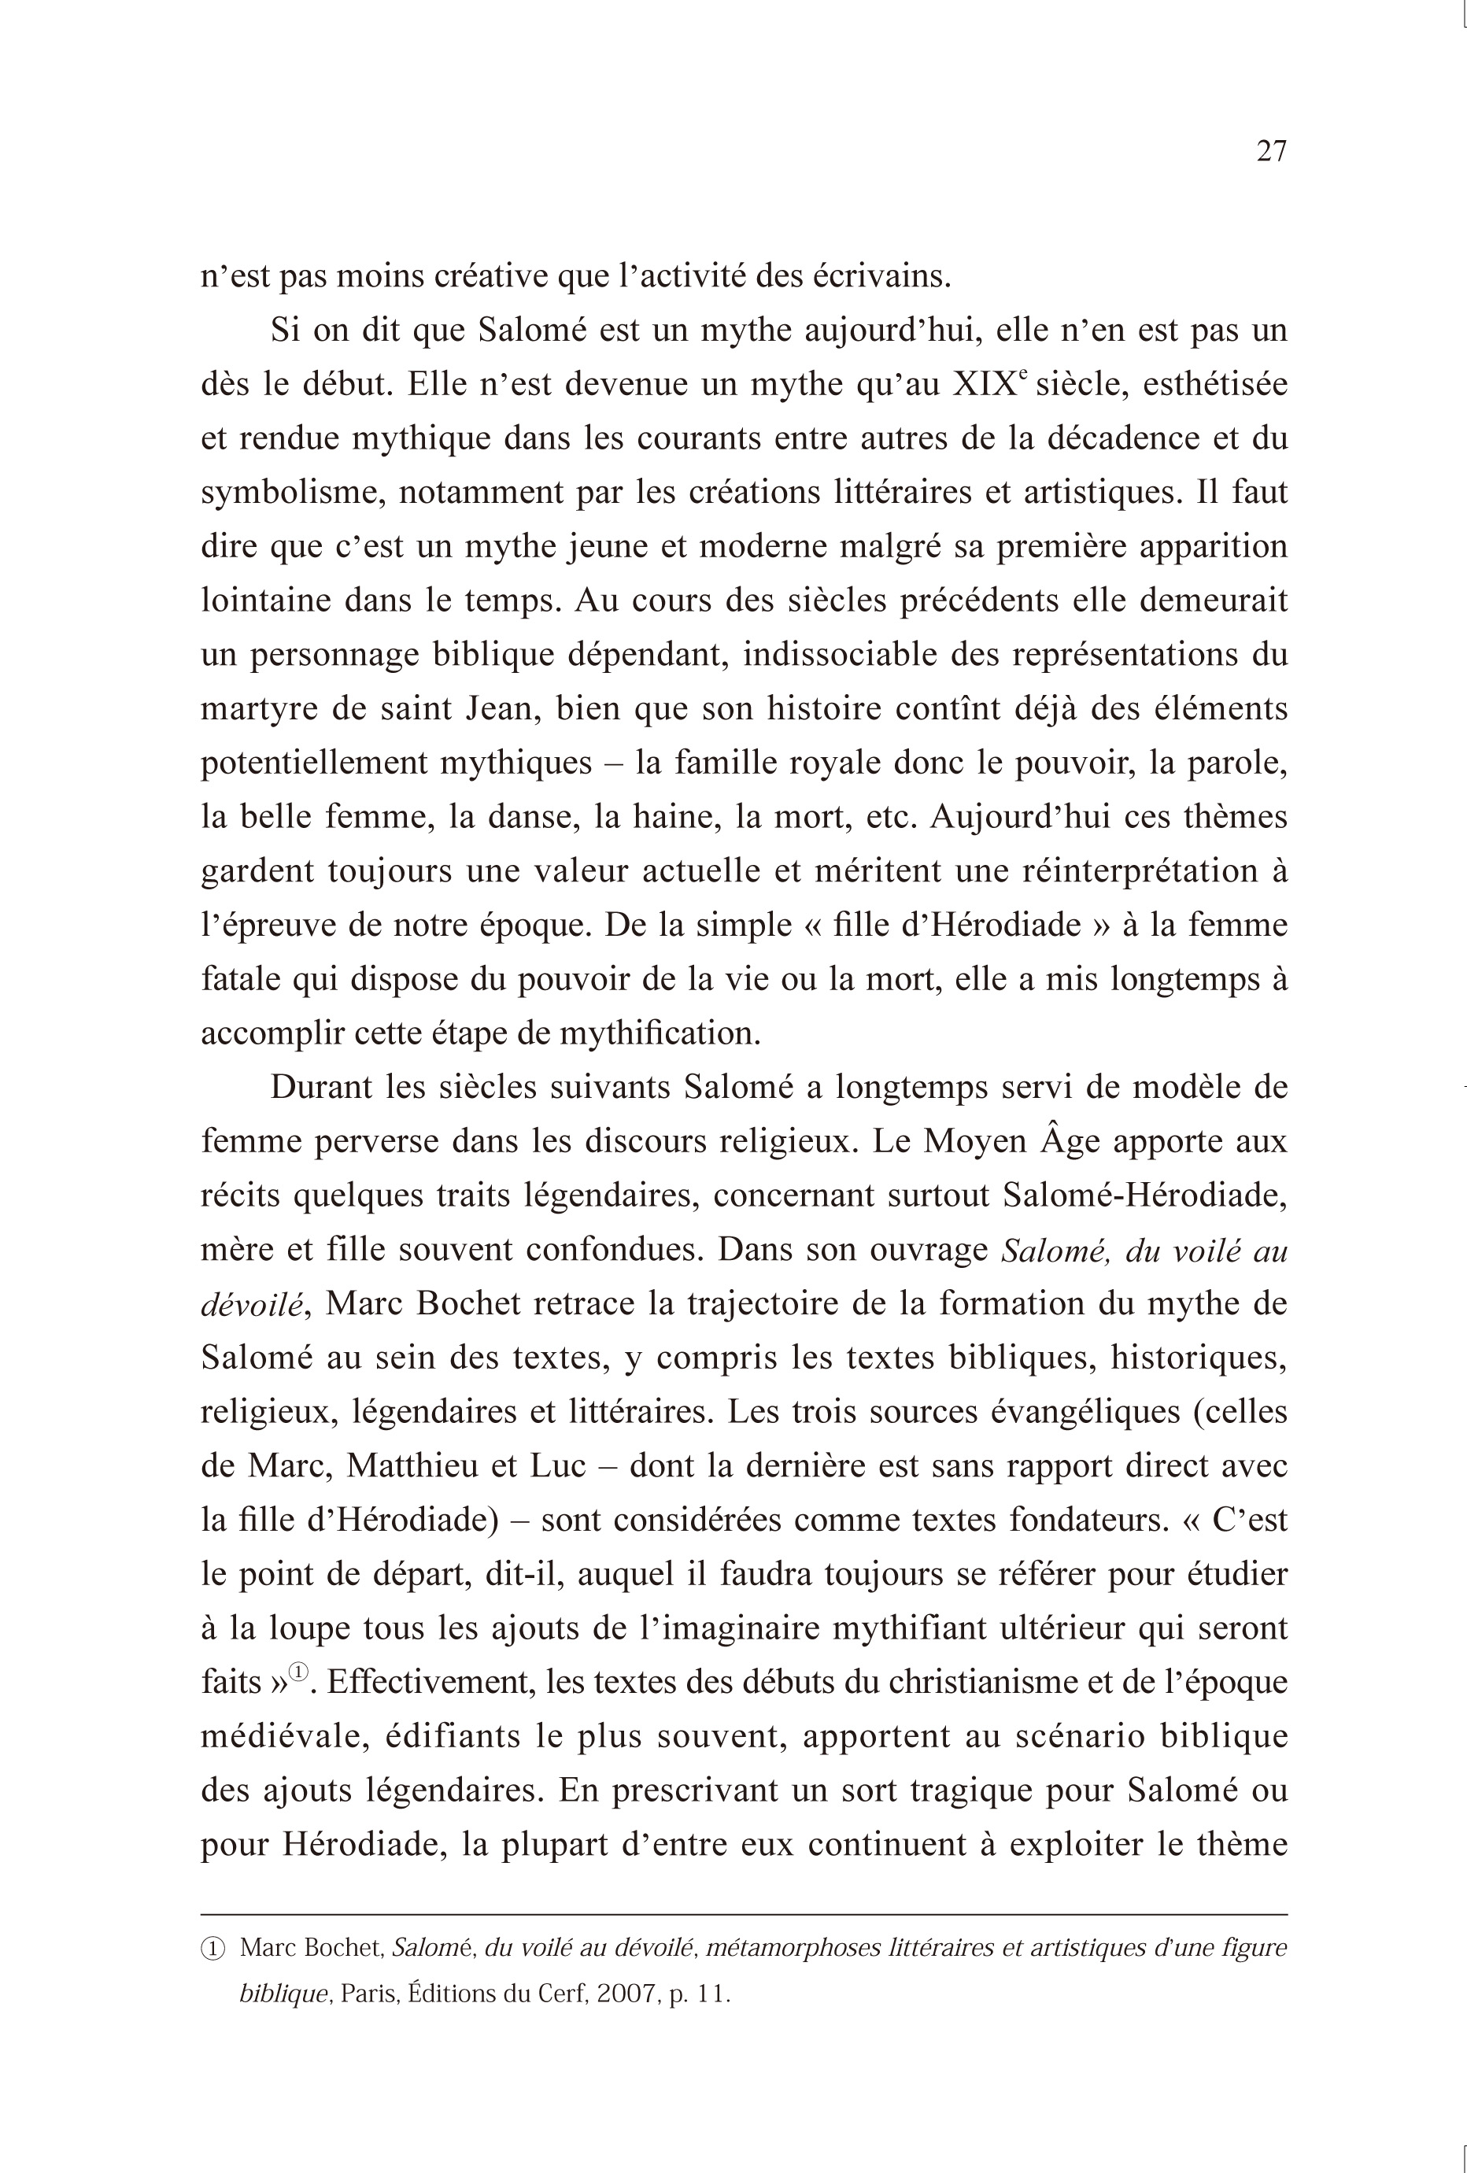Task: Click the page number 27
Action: pos(1272,150)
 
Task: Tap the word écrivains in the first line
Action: pos(881,277)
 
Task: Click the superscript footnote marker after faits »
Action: pos(298,1672)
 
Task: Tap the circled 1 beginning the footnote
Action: pos(213,1949)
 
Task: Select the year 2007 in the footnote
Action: pos(626,1994)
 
